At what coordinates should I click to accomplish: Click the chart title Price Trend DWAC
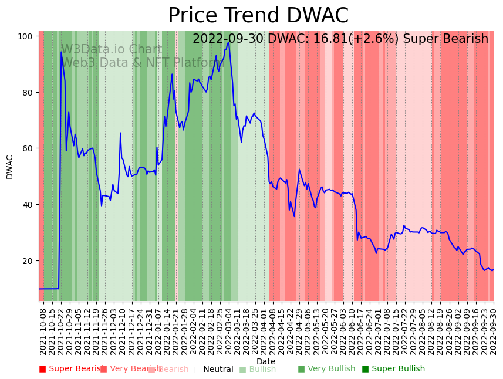(258, 16)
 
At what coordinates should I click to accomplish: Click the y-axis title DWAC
(10, 167)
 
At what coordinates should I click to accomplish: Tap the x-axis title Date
(266, 362)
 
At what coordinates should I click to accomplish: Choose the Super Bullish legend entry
(393, 369)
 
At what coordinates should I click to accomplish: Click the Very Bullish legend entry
(327, 369)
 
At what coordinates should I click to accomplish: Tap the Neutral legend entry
(214, 369)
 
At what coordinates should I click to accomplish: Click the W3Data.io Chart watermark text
(112, 49)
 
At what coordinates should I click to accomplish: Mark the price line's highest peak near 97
(228, 42)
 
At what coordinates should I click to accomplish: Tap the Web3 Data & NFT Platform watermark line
(144, 63)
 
